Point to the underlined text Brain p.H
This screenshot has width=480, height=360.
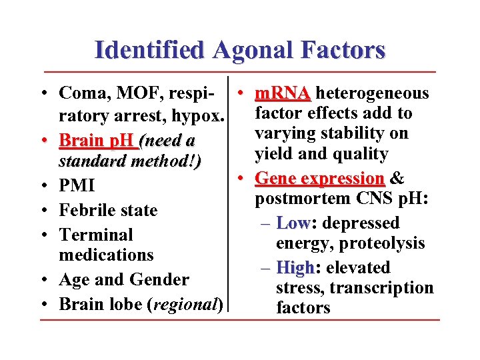click(x=96, y=141)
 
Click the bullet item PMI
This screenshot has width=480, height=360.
click(x=77, y=185)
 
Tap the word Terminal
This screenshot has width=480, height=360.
click(x=96, y=235)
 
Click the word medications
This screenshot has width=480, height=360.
click(x=106, y=255)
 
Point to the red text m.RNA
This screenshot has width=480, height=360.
click(x=283, y=93)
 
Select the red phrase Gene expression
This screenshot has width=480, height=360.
click(x=320, y=179)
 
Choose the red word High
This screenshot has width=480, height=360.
click(x=294, y=268)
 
